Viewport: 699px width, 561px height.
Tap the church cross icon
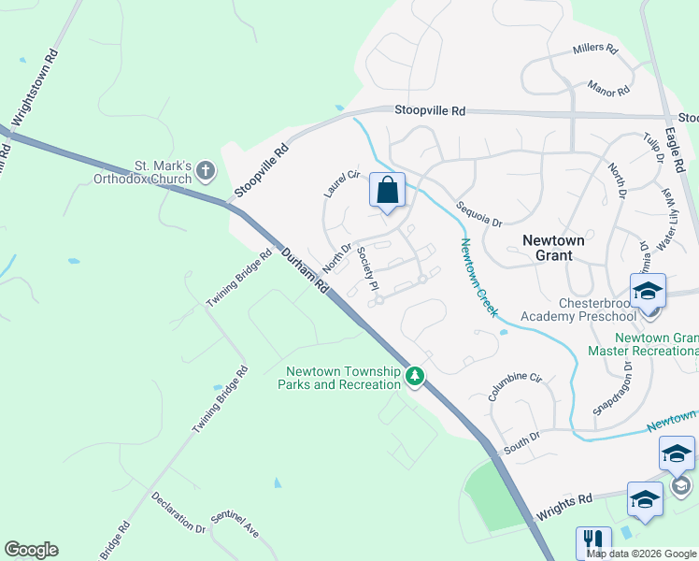point(206,170)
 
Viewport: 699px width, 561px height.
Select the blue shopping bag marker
point(387,191)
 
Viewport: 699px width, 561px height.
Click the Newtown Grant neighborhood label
point(553,248)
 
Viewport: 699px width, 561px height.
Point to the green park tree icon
point(415,378)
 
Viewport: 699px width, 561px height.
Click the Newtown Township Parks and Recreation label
point(344,378)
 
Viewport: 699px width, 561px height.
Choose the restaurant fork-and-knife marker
point(593,543)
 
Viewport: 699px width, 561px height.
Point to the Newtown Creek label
point(478,277)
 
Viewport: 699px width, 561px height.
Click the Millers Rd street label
point(595,50)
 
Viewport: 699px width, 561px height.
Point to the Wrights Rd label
point(564,510)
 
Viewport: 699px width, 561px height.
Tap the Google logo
point(31,550)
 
